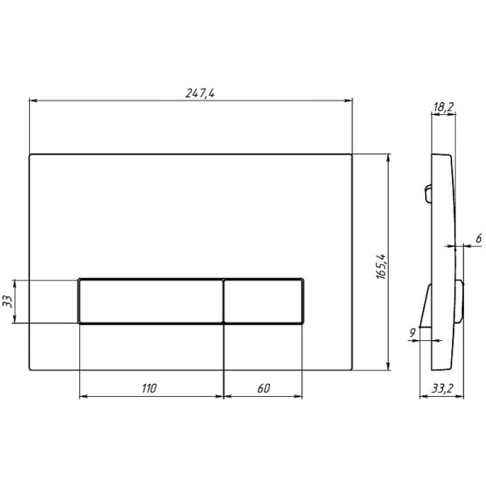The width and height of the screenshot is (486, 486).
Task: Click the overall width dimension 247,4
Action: coord(199,93)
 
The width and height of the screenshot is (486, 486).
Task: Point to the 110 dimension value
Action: coord(148,389)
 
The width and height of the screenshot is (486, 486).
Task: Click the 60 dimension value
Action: coord(263,389)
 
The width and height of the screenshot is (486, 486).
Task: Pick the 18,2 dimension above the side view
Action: coord(442,107)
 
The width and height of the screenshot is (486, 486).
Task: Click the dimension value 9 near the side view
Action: coord(412,332)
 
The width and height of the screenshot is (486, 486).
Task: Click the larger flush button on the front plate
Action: coord(150,301)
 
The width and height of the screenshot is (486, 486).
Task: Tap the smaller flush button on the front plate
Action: coord(263,301)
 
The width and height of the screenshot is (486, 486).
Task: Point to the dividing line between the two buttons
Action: coord(223,301)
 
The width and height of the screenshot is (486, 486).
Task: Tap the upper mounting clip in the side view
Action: coord(426,192)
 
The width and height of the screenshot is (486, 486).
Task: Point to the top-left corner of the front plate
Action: coord(30,154)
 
